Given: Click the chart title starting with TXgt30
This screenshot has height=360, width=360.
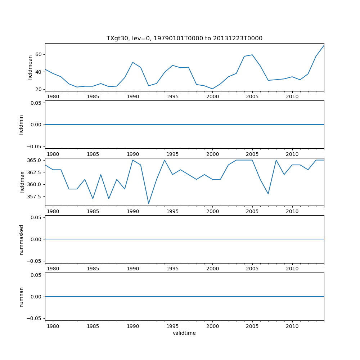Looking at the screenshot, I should pyautogui.click(x=184, y=38).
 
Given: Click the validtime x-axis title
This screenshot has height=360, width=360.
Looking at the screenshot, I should pyautogui.click(x=184, y=333).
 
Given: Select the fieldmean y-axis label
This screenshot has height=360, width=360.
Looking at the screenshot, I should pyautogui.click(x=30, y=67).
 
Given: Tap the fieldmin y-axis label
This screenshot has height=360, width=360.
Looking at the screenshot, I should pyautogui.click(x=21, y=125).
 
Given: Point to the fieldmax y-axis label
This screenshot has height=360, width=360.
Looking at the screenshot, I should pyautogui.click(x=22, y=182).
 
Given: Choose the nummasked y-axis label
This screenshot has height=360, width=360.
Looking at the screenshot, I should pyautogui.click(x=21, y=239).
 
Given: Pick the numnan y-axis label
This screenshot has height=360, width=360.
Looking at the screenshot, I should pyautogui.click(x=21, y=297).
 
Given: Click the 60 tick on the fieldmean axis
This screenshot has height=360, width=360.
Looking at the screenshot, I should pyautogui.click(x=38, y=55).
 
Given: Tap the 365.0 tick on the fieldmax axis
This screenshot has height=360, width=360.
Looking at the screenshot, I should pyautogui.click(x=35, y=160).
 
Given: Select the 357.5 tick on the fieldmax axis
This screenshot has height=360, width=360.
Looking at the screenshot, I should pyautogui.click(x=35, y=197).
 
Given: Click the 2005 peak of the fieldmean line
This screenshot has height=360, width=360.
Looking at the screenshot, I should pyautogui.click(x=252, y=55).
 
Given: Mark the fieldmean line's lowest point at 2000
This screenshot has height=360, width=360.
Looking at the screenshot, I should pyautogui.click(x=212, y=89).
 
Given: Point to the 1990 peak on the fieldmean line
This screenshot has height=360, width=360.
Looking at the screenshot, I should pyautogui.click(x=133, y=62).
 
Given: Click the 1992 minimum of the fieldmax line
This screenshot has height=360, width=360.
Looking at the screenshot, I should pyautogui.click(x=149, y=203).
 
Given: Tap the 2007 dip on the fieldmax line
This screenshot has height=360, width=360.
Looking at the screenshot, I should pyautogui.click(x=268, y=194).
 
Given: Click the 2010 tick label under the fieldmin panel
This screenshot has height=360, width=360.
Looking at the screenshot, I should pyautogui.click(x=292, y=154).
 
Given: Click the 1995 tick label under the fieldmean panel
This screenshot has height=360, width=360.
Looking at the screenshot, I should pyautogui.click(x=173, y=97).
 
